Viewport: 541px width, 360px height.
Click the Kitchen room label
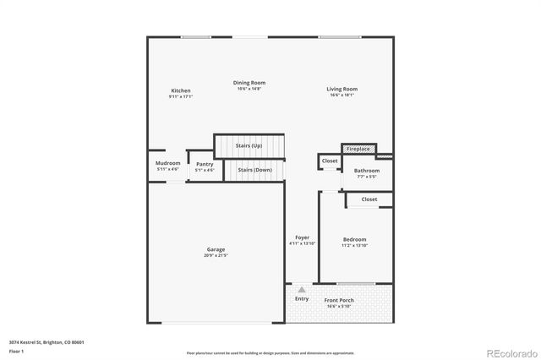181,90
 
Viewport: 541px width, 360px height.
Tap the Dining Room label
249,83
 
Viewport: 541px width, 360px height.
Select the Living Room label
342,89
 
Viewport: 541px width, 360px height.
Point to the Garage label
216,249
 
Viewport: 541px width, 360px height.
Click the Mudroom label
167,163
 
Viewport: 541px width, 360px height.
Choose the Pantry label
205,164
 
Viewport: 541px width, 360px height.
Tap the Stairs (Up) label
249,146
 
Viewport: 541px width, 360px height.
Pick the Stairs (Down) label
254,170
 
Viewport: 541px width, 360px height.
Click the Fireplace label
358,150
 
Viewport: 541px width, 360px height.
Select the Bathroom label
366,171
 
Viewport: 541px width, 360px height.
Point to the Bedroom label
355,240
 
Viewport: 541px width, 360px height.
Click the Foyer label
302,237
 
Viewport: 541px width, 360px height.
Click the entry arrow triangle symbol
301,290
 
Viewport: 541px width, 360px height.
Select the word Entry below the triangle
302,299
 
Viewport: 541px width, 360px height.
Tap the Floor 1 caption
17,351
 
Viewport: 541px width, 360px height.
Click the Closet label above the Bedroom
369,199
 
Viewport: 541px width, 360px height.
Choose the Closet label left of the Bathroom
330,160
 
